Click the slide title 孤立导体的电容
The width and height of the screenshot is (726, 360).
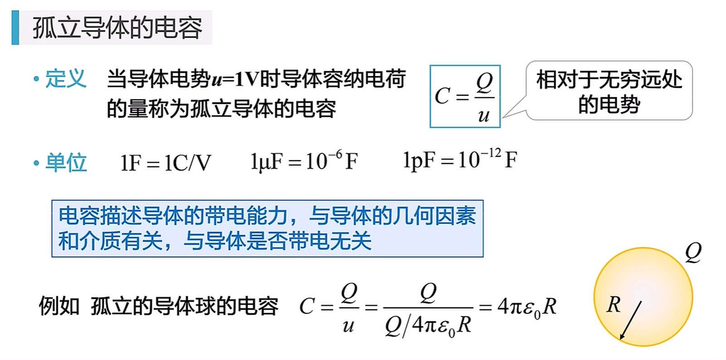coord(117,28)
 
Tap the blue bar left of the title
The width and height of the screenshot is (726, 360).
coord(15,28)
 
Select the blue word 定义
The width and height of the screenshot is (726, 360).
coord(66,78)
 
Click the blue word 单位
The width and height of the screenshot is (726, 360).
coord(66,162)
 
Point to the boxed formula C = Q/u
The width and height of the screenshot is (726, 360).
coord(465,96)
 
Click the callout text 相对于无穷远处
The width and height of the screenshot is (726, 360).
coord(610,79)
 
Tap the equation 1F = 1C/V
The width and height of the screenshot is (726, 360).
coord(165,162)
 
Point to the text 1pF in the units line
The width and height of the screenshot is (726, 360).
coord(419,161)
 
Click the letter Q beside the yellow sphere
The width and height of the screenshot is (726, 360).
coord(693,253)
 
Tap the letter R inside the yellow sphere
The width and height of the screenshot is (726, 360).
coord(613,305)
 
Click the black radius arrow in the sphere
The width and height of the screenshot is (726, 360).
coord(630,321)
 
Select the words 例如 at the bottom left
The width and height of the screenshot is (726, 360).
coord(59,306)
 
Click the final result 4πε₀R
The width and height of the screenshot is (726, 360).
coord(527,306)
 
